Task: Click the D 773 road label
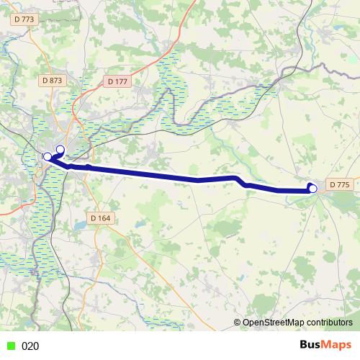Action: (x=24, y=19)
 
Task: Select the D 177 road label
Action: (x=117, y=82)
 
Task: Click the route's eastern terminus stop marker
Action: (x=312, y=189)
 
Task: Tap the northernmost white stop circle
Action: (x=60, y=150)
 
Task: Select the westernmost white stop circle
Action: (x=48, y=156)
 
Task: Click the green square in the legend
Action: (x=10, y=346)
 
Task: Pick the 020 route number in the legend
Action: (x=30, y=346)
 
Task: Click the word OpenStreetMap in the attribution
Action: (x=275, y=323)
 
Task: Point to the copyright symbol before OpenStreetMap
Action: (x=238, y=323)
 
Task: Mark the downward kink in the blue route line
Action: (x=245, y=184)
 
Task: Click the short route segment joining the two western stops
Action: (x=54, y=153)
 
